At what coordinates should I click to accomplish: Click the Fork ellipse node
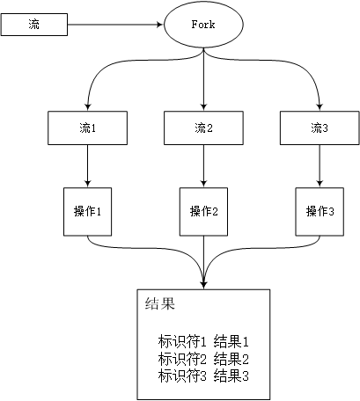coord(203,25)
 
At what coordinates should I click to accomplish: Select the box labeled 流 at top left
coord(34,25)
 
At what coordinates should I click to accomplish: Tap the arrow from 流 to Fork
coord(115,25)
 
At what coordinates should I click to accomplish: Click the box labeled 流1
coord(88,128)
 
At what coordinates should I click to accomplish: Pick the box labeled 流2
coord(203,128)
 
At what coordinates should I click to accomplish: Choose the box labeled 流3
coord(319,128)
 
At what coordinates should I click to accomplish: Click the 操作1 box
coord(88,211)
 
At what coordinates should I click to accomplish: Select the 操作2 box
coord(203,211)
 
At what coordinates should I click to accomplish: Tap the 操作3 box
coord(319,211)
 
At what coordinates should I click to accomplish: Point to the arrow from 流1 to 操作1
coord(88,165)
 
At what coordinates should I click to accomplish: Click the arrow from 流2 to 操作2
coord(203,165)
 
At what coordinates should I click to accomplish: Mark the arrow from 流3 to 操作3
coord(319,165)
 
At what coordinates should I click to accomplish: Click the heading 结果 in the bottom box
coord(160,305)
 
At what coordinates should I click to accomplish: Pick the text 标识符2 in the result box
coord(181,358)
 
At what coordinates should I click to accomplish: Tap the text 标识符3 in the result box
coord(181,375)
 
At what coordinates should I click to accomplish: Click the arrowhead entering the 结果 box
coord(203,282)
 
